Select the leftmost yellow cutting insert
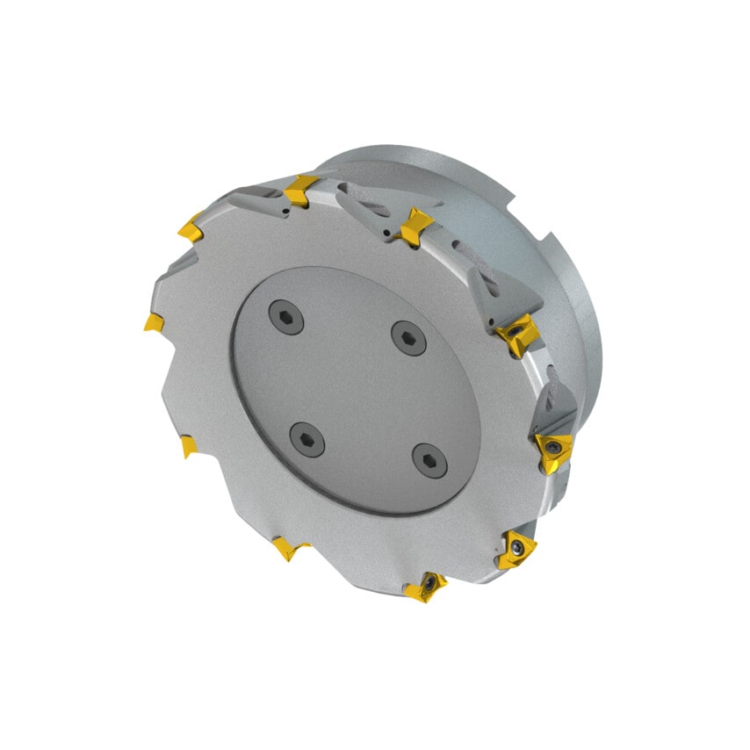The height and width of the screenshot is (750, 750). pyautogui.click(x=154, y=323)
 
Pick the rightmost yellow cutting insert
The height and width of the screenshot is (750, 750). pyautogui.click(x=553, y=451)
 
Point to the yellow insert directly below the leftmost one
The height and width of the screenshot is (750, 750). pyautogui.click(x=189, y=447)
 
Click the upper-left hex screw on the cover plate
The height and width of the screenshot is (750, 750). pyautogui.click(x=286, y=316)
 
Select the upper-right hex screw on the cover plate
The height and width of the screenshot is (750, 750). pyautogui.click(x=408, y=337)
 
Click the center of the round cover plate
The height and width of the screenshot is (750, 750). pyautogui.click(x=356, y=388)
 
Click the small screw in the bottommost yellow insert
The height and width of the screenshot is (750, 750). pyautogui.click(x=429, y=582)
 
